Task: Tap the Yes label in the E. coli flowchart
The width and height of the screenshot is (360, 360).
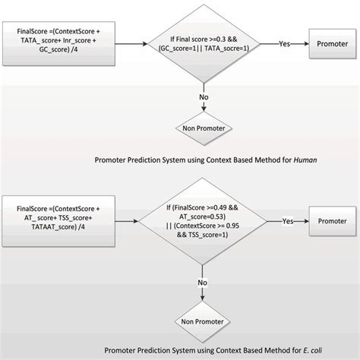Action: [x=288, y=222]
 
